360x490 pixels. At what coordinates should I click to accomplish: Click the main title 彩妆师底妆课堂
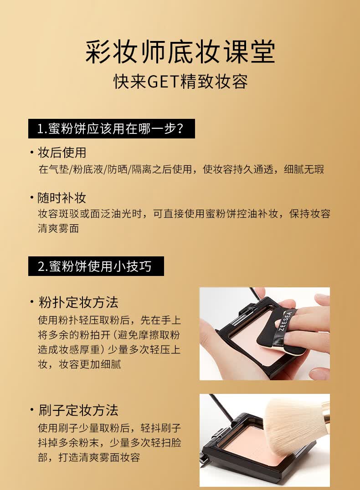[x=180, y=52]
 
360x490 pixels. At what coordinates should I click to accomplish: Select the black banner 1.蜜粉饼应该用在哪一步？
[x=111, y=129]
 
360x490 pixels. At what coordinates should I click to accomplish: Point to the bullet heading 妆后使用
[x=62, y=153]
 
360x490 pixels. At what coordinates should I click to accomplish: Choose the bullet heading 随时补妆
[x=62, y=198]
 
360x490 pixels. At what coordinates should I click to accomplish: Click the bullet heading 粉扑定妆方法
[x=78, y=302]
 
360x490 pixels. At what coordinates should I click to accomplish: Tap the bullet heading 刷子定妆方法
[x=78, y=410]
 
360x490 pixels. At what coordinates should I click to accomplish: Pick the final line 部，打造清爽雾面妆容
[x=89, y=457]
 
